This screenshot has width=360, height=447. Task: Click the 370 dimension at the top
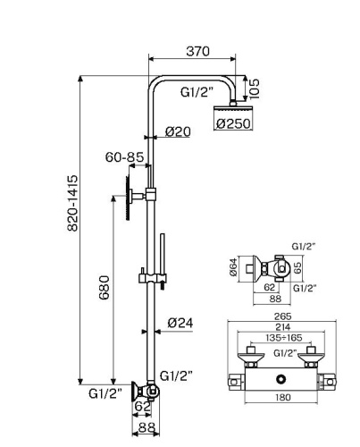[x=197, y=53]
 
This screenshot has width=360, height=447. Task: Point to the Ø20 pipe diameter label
[x=178, y=132]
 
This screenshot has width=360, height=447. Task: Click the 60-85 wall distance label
[x=124, y=158]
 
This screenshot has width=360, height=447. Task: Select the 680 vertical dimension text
[x=105, y=288]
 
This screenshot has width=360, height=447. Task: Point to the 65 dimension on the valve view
[x=299, y=266]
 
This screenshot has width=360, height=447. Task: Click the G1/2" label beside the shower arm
[x=196, y=91]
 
